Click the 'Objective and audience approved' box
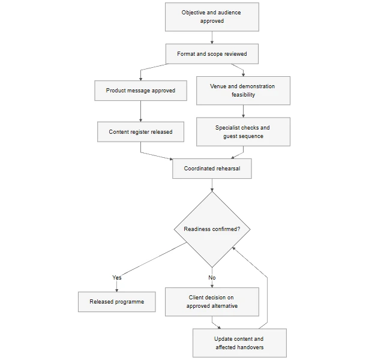click(212, 17)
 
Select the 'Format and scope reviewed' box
click(212, 54)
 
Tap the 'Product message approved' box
click(141, 91)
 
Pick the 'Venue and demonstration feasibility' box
click(244, 91)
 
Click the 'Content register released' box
click(141, 132)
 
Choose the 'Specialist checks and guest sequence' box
click(244, 132)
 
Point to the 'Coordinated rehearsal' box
click(212, 169)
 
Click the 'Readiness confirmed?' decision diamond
click(212, 229)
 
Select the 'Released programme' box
click(117, 302)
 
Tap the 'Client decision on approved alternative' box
click(212, 302)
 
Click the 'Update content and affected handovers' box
click(239, 343)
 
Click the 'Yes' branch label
click(117, 278)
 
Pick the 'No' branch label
click(212, 278)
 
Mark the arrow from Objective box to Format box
click(212, 38)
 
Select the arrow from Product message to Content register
click(141, 111)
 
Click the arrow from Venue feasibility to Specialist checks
click(244, 111)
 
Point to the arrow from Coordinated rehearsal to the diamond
click(212, 185)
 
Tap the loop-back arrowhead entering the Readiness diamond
click(233, 248)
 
